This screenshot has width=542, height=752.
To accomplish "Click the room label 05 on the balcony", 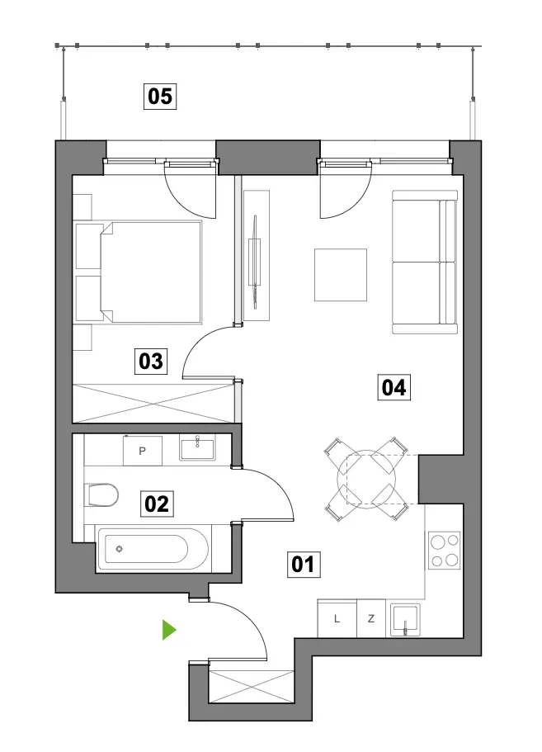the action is [x=160, y=96].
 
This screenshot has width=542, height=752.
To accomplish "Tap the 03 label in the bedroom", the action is [x=151, y=361].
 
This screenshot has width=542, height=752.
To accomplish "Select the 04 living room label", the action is [x=394, y=387].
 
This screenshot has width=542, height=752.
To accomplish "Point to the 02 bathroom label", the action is [x=157, y=504].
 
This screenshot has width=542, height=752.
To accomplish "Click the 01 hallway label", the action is [x=304, y=564].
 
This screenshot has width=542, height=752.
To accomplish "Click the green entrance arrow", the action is [x=169, y=630].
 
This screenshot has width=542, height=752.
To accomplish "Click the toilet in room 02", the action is [x=101, y=494].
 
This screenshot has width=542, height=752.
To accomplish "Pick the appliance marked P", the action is [x=143, y=451].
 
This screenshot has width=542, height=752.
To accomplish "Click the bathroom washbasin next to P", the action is [x=197, y=447].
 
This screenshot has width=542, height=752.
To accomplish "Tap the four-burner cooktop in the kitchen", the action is [x=444, y=550].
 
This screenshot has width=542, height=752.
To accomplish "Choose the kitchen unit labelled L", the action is [x=337, y=618].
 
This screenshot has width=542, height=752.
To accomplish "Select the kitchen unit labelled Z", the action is [x=371, y=618].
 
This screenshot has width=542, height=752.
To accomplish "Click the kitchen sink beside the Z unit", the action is [x=405, y=620].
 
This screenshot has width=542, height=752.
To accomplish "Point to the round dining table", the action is [x=366, y=479].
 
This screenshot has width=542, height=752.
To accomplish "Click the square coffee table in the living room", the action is [x=341, y=275].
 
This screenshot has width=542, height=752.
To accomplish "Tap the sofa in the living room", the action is [x=425, y=262].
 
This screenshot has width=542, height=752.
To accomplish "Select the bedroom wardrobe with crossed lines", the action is [x=153, y=404].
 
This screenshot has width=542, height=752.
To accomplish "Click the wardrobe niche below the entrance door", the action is [x=251, y=688].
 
